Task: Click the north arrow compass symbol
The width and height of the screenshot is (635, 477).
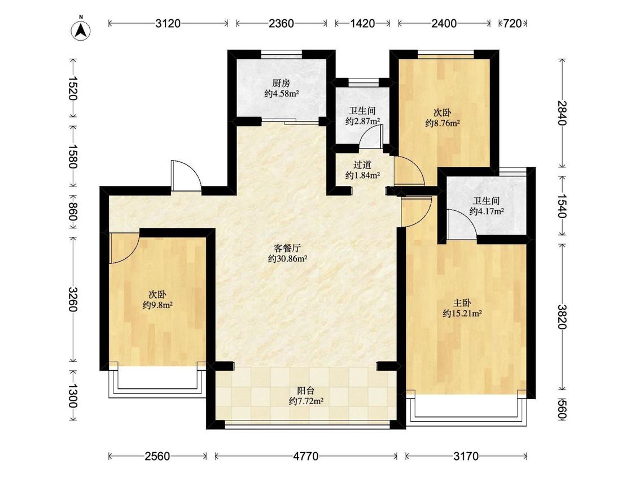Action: click(81, 29)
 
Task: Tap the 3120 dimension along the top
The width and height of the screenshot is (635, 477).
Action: click(168, 23)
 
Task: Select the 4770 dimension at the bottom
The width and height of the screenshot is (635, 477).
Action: click(306, 456)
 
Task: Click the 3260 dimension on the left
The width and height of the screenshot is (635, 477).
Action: click(73, 300)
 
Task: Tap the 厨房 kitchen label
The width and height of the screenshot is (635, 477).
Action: click(281, 84)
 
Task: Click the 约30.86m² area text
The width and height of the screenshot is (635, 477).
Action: click(287, 258)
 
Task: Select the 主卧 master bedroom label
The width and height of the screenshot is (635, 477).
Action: click(462, 303)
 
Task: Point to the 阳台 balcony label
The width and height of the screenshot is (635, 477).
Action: click(306, 391)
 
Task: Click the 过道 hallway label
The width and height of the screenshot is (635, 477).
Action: click(362, 165)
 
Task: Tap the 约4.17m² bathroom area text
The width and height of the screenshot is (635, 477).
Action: click(487, 211)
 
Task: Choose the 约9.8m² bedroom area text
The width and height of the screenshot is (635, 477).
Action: click(158, 305)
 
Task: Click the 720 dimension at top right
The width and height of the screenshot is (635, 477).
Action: click(513, 23)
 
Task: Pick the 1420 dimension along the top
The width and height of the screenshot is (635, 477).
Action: click(362, 23)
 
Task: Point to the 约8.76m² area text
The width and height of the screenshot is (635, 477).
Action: click(443, 123)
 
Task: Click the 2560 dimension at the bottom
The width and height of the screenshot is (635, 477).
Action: click(157, 456)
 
